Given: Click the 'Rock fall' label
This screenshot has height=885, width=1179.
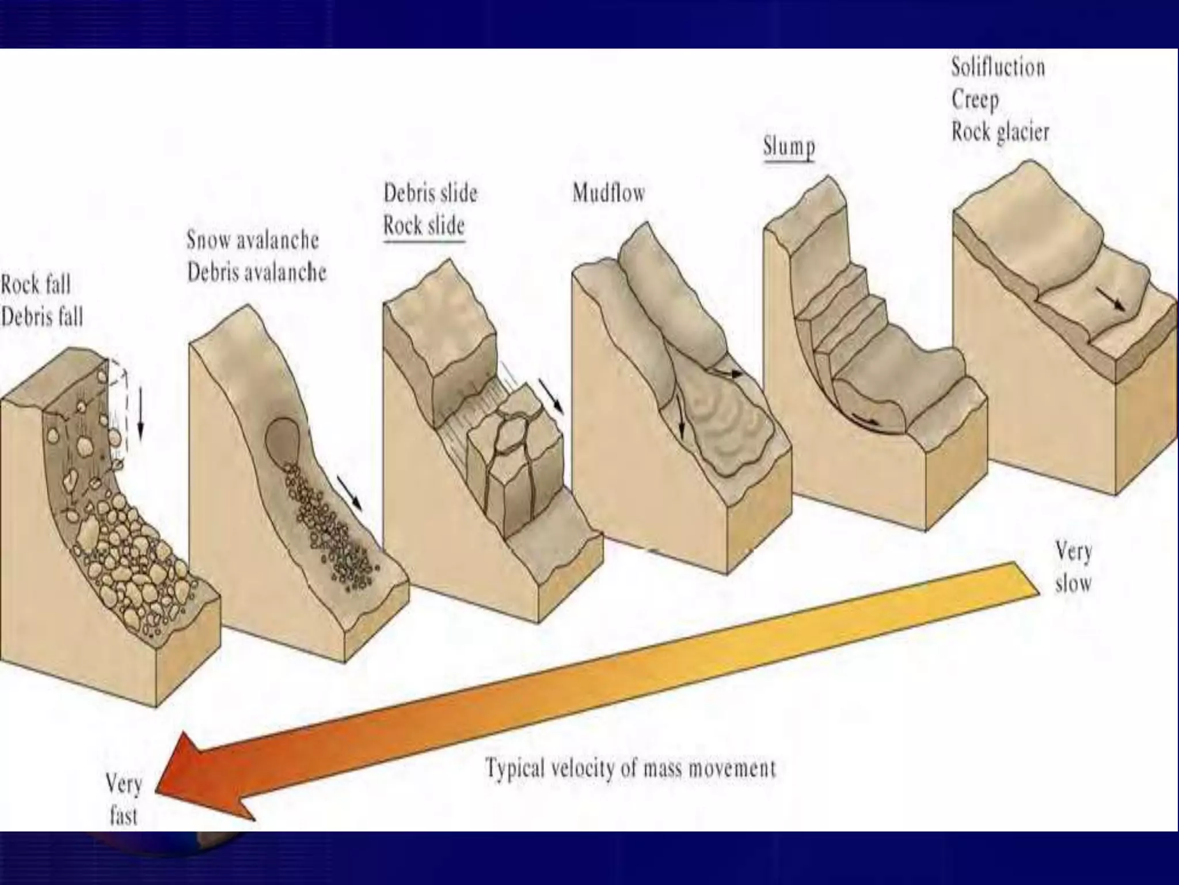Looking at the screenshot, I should tap(36, 285).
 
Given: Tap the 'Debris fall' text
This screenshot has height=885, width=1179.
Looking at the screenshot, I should tap(42, 317).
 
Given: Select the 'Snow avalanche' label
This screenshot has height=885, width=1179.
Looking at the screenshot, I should tap(252, 240).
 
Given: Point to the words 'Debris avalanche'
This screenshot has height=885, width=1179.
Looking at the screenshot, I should tap(257, 272).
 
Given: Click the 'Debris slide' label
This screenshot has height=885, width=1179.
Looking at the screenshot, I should tap(431, 193).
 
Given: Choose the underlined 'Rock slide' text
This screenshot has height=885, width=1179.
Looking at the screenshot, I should tap(424, 225).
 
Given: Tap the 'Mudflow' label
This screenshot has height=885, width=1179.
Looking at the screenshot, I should tap(608, 193).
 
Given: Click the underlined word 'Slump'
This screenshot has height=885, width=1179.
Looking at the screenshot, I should tap(789, 146).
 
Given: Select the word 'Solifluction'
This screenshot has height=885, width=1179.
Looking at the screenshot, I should tap(998, 67).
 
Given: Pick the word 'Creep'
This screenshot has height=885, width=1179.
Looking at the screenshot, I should tap(975, 100).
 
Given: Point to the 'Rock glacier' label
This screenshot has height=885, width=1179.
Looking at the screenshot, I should tap(1000, 132).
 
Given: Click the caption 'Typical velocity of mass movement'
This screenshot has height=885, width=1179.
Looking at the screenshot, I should tap(631, 768).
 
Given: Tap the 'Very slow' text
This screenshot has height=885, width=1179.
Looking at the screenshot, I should tap(1073, 568).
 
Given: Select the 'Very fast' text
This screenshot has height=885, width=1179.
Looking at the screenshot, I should tap(123, 800).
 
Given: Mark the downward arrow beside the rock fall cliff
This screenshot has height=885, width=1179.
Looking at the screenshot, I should tap(140, 411).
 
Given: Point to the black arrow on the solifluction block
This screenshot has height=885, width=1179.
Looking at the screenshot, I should tap(1110, 298).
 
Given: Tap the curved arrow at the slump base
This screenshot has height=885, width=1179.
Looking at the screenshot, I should tap(866, 419).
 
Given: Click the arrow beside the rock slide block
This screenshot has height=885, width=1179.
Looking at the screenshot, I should tap(552, 396).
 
